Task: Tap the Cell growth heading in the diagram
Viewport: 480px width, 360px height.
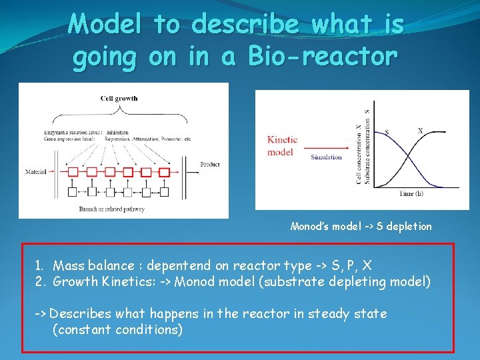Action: coord(119,99)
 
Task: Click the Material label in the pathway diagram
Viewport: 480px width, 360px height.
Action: coord(35,171)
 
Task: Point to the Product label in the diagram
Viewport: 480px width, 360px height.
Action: coord(209,165)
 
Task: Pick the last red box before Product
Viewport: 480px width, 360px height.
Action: coord(163,172)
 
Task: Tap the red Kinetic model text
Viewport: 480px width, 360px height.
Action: coord(282,145)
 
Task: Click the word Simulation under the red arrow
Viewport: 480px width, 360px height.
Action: coord(326,157)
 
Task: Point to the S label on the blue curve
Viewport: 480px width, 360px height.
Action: coord(388,131)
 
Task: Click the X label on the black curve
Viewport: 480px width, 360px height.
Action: coord(420,131)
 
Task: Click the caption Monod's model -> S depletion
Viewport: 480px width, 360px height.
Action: coord(361,227)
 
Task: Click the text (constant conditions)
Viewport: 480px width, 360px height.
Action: coord(117,329)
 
